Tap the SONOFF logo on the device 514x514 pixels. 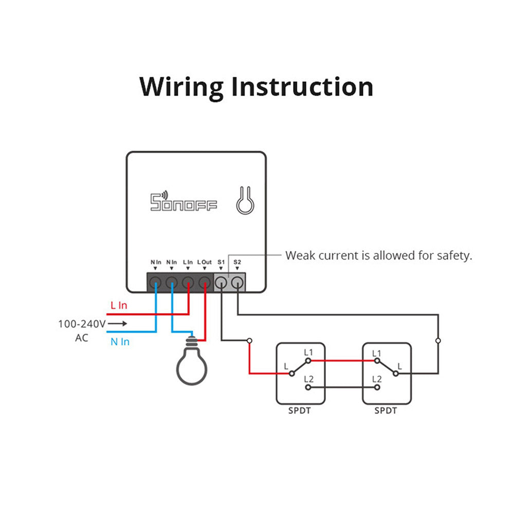click(183, 201)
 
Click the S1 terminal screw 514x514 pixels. click(221, 282)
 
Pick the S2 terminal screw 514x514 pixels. click(237, 282)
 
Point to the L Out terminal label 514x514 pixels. click(205, 262)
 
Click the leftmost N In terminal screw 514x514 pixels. click(156, 282)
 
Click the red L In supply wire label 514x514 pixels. click(119, 305)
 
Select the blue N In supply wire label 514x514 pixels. click(120, 341)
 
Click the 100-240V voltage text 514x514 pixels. click(81, 324)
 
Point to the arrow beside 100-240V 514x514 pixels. click(117, 324)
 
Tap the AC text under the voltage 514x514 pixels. click(81, 338)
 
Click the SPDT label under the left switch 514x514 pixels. click(300, 411)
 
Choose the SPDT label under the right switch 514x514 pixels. click(386, 411)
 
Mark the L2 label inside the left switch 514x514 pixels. click(308, 379)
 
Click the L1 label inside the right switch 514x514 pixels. click(376, 353)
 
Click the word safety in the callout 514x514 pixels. click(454, 255)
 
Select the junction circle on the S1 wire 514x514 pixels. click(249, 340)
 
